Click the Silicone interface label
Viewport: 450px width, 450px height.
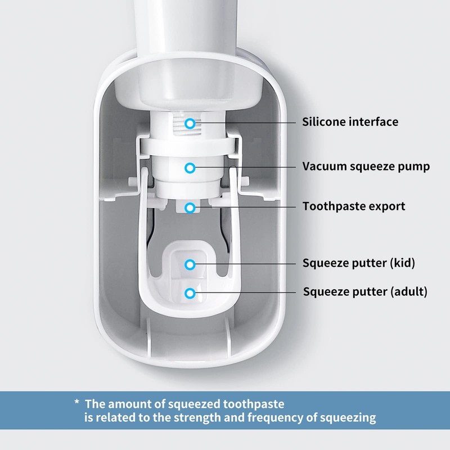tap(350, 122)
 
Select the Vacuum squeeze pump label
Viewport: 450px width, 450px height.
tap(366, 166)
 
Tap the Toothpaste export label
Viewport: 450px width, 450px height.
tap(354, 206)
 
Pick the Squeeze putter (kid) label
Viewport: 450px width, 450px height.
tap(359, 263)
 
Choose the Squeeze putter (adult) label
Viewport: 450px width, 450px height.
tap(365, 292)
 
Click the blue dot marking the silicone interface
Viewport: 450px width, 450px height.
tap(191, 122)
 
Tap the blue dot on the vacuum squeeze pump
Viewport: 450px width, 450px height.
tap(191, 167)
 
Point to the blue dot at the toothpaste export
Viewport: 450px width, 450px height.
tap(191, 208)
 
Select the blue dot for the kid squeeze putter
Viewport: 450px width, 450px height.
tap(191, 263)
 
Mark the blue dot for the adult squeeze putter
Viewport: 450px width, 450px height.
tap(191, 292)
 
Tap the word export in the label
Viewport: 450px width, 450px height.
tap(388, 206)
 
